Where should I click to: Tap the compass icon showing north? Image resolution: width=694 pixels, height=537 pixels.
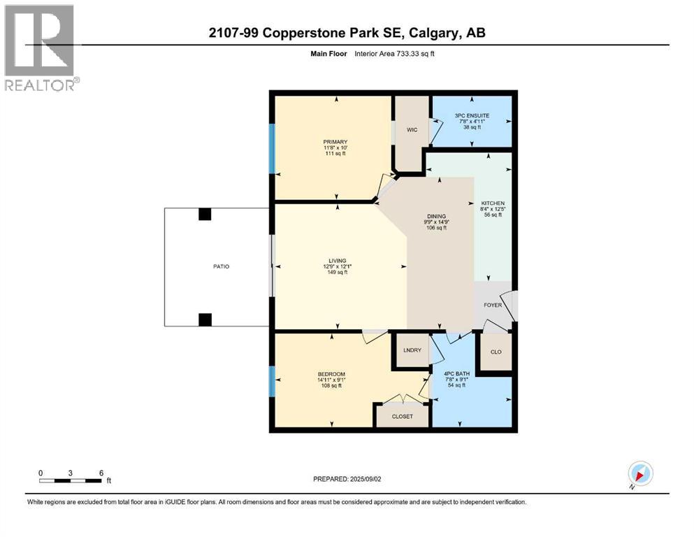[x=640, y=474]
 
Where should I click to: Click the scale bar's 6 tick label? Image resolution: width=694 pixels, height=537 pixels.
[x=101, y=473]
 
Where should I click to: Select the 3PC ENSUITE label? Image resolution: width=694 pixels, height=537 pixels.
[x=471, y=115]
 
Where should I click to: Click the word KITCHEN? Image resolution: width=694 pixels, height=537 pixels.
[x=493, y=203]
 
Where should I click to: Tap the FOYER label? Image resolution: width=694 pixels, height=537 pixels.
[x=493, y=305]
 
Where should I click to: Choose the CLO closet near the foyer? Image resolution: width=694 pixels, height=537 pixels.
[x=496, y=352]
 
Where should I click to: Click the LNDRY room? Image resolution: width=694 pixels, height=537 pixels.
[x=412, y=350]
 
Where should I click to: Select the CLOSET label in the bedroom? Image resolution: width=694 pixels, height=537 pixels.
[x=402, y=416]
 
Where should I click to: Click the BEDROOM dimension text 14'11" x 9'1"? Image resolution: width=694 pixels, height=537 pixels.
[x=331, y=380]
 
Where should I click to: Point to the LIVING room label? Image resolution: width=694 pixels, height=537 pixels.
[x=338, y=261]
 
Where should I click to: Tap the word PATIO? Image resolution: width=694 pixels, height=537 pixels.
[x=221, y=266]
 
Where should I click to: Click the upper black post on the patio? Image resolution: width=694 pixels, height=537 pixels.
[x=204, y=215]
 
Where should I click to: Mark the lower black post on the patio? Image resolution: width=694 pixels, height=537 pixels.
[x=204, y=320]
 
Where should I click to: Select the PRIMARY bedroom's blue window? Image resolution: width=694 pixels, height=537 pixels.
[x=272, y=148]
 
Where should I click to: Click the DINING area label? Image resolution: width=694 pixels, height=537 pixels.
[x=442, y=217]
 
